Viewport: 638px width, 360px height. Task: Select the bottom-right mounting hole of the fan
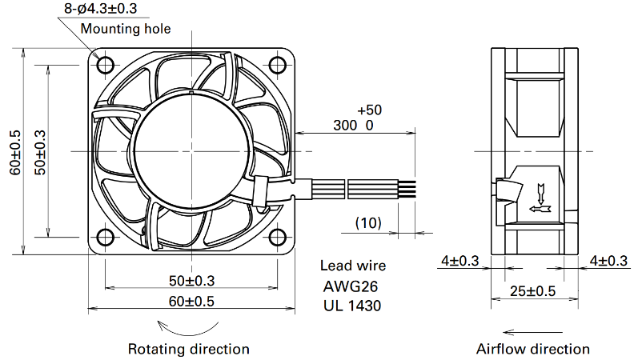click(x=278, y=237)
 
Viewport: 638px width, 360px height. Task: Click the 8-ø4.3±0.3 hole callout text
click(x=101, y=9)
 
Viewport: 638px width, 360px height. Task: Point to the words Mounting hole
click(x=126, y=29)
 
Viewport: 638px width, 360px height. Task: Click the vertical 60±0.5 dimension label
click(x=15, y=153)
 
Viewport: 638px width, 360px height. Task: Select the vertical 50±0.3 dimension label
click(x=40, y=153)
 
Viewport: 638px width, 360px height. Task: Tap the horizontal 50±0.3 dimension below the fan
click(x=191, y=280)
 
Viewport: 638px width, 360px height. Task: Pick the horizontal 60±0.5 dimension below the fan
click(x=191, y=301)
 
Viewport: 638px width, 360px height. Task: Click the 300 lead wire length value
click(x=345, y=126)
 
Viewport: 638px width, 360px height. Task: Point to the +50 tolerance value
click(x=370, y=110)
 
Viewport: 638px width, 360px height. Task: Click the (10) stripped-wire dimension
click(x=368, y=223)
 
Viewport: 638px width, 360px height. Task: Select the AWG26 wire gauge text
click(x=351, y=286)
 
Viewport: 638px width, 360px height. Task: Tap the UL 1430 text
click(x=352, y=306)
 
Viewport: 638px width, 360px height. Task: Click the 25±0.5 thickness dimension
click(x=532, y=291)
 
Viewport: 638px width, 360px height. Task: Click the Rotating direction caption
click(x=189, y=349)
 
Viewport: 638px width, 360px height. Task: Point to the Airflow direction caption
click(x=533, y=349)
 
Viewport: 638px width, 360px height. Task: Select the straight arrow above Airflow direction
click(x=533, y=332)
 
